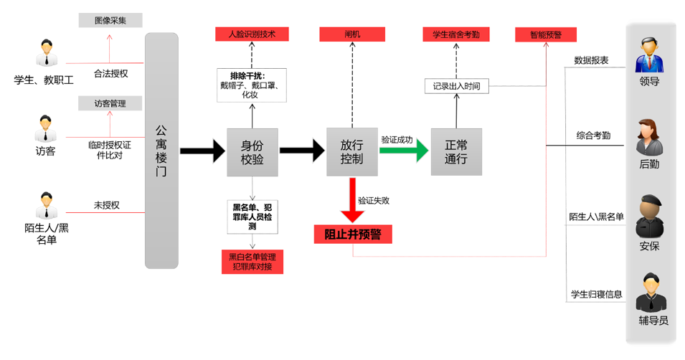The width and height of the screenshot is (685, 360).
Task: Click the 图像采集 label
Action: click(110, 21)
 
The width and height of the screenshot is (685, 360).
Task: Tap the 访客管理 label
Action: click(110, 103)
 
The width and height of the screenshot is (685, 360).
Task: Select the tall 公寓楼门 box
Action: click(161, 151)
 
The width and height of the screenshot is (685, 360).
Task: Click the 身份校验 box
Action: click(252, 151)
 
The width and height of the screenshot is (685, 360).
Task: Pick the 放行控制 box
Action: click(351, 151)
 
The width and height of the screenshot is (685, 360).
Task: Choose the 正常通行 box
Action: click(455, 151)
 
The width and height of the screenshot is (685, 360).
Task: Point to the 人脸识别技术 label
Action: click(252, 34)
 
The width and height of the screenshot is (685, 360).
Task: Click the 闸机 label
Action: click(351, 34)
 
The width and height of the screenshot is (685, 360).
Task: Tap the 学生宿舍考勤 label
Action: click(455, 34)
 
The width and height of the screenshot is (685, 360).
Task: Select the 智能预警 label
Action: click(546, 34)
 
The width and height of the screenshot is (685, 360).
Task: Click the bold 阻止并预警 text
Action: click(352, 234)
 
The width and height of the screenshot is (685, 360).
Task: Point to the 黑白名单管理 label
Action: click(252, 256)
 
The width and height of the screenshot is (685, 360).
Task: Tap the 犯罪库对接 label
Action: click(252, 267)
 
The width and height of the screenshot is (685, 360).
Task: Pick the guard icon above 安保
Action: click(649, 217)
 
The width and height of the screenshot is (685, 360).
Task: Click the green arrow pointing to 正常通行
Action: click(404, 151)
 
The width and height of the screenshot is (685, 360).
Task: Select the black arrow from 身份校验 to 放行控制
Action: click(301, 151)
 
